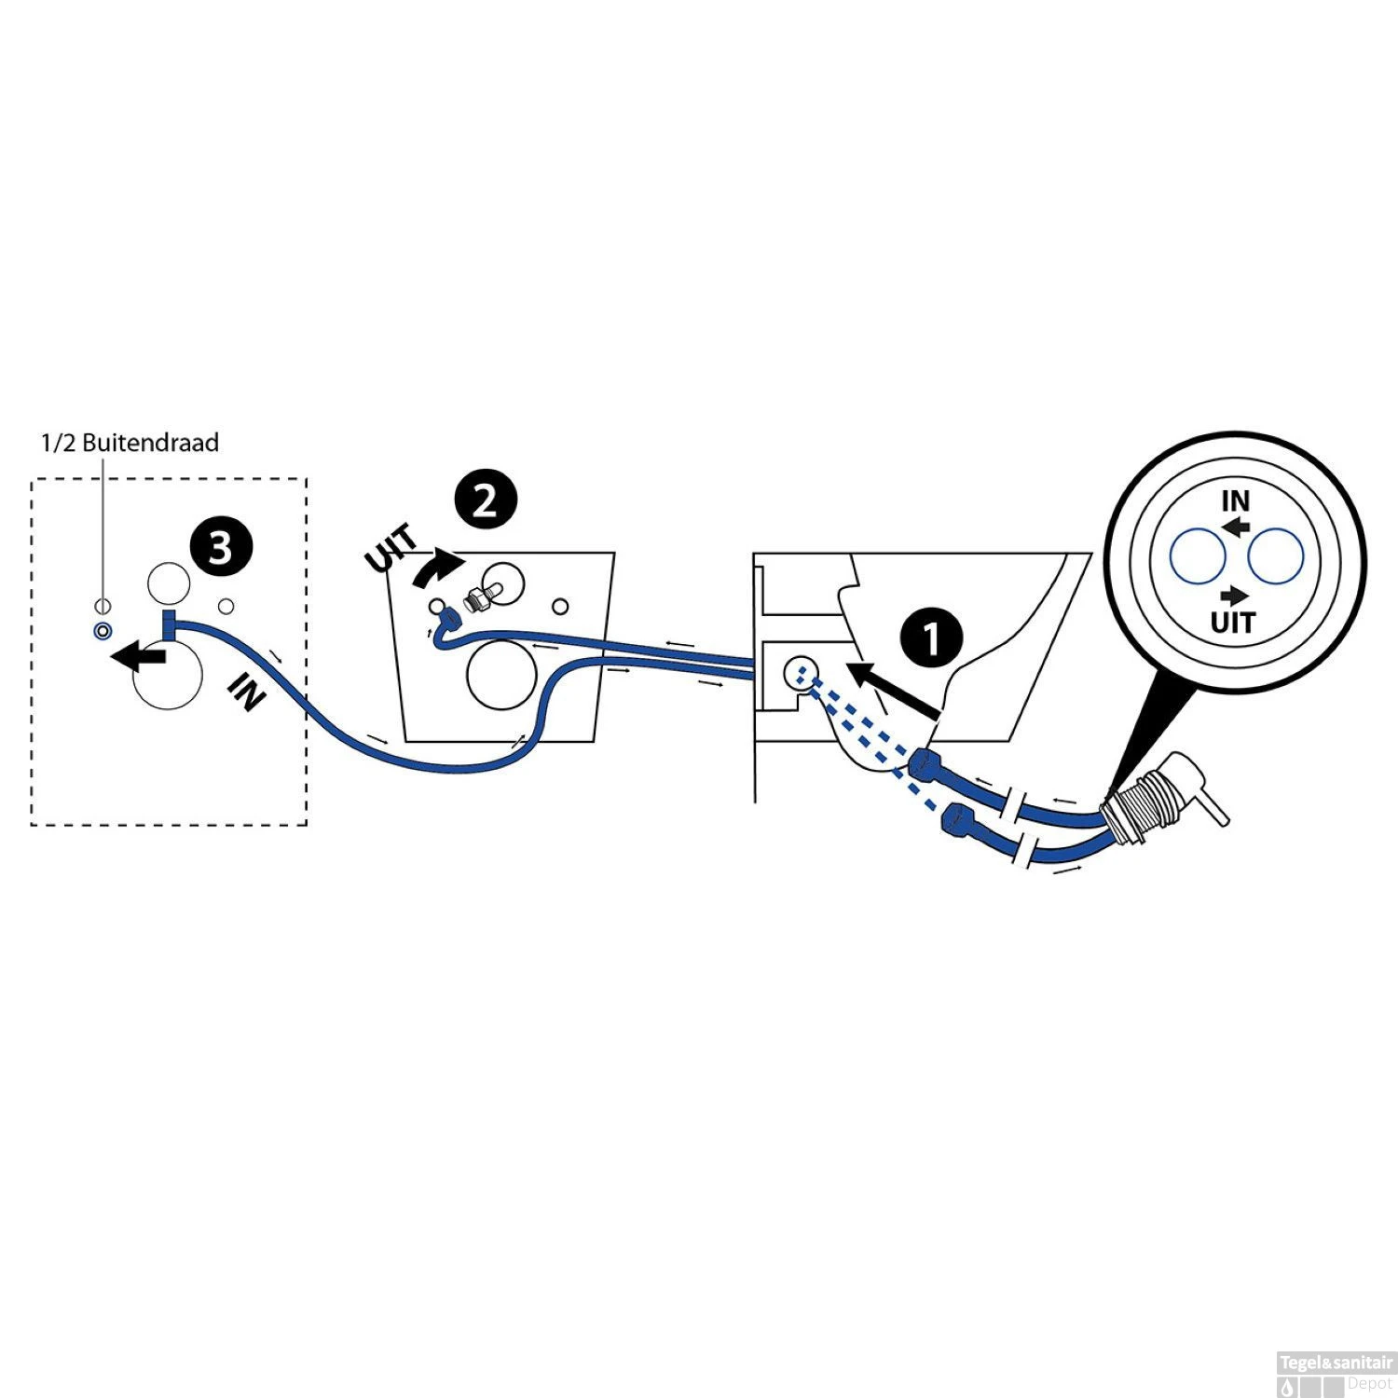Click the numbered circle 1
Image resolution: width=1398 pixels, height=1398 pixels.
point(931,638)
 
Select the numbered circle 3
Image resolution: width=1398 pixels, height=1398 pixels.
point(219,547)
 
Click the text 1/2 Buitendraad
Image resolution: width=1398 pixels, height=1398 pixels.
point(130,442)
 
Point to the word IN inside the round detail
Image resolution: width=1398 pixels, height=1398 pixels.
point(1236,501)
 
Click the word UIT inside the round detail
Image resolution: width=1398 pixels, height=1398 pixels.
point(1233,622)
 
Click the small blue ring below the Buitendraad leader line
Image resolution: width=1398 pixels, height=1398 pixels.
point(102,631)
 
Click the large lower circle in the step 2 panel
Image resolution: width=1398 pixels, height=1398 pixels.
point(501,676)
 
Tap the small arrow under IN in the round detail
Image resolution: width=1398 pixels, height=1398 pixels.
point(1238,528)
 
